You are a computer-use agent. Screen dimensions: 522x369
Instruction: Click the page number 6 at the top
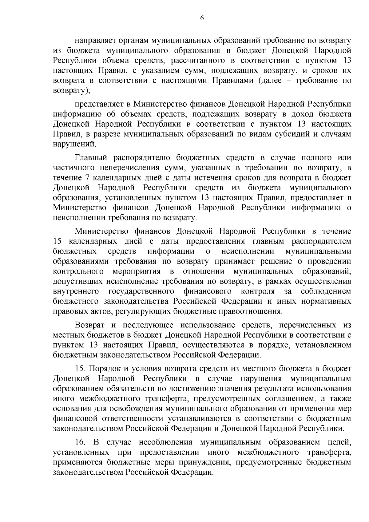(202, 18)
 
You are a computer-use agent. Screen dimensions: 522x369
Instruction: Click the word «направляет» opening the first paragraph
(95, 41)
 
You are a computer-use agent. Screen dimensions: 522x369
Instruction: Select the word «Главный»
(90, 158)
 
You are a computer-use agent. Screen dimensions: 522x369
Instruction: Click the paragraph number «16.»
(81, 442)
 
